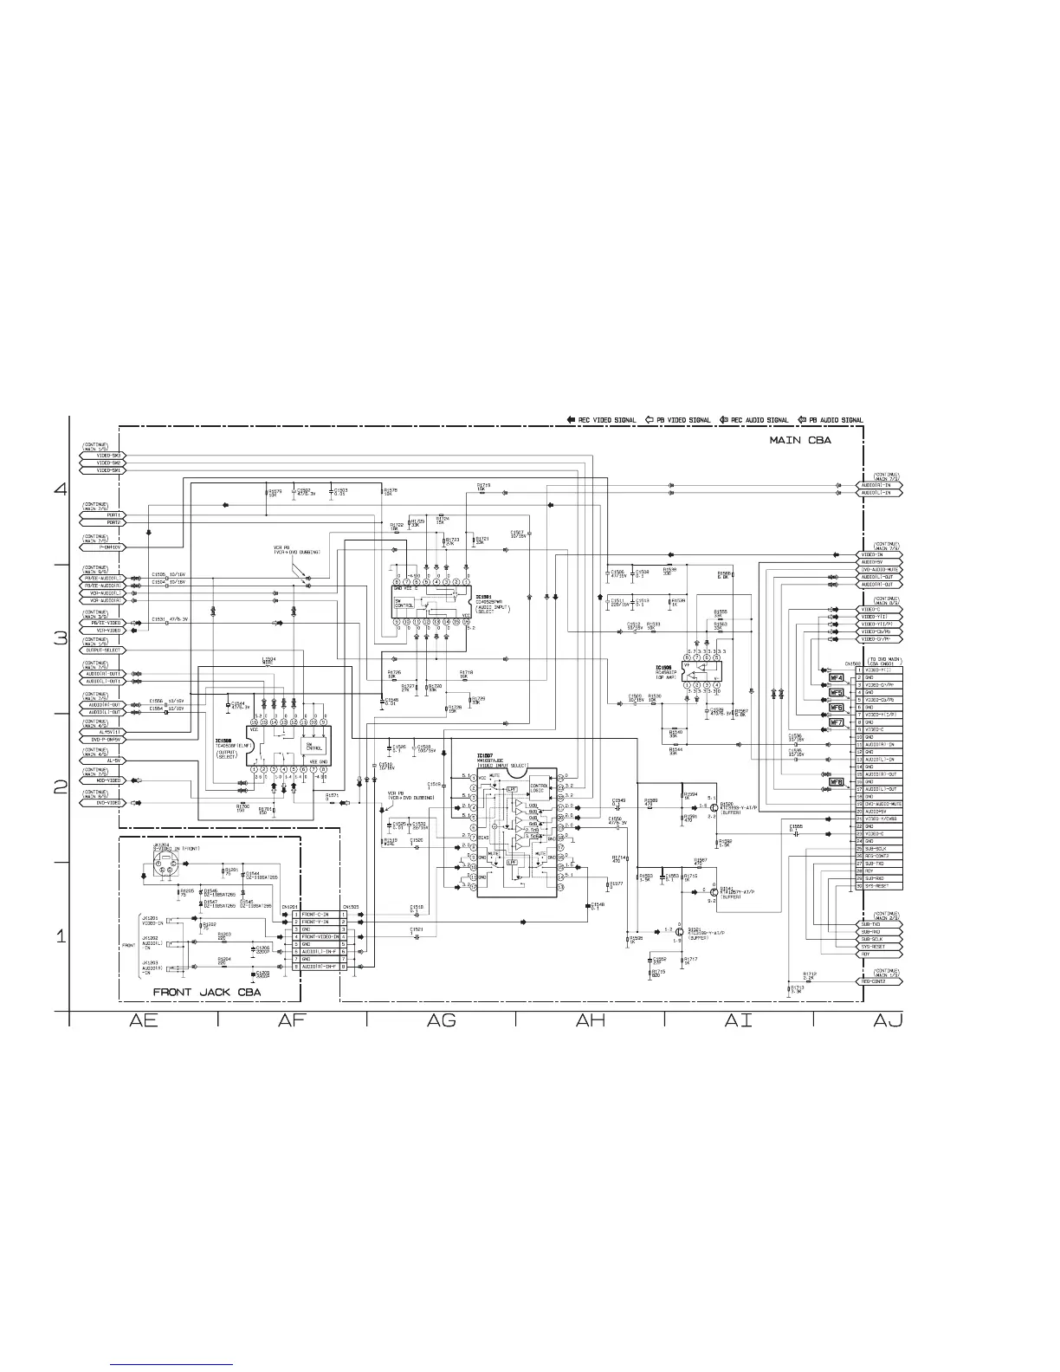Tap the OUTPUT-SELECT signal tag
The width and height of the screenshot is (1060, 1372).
(x=103, y=650)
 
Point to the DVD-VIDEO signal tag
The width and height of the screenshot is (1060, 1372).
(x=103, y=803)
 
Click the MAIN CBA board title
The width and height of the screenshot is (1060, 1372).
(x=800, y=440)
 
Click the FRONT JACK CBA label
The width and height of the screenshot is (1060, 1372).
(x=207, y=992)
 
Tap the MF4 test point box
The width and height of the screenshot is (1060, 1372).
(x=837, y=678)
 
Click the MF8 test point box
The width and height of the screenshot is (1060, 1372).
(x=837, y=782)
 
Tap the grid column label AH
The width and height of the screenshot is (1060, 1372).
(x=590, y=1021)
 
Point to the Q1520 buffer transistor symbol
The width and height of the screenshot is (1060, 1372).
(x=715, y=808)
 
